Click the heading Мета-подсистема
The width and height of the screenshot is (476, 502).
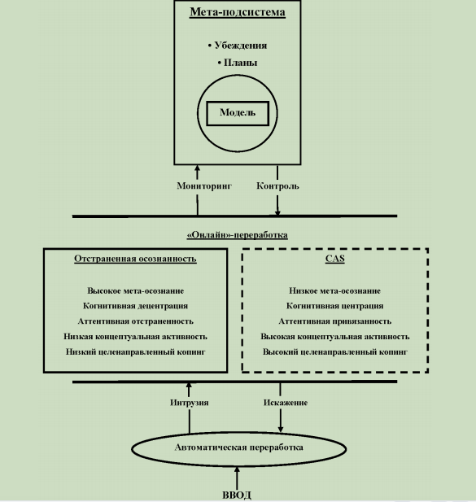click(238, 12)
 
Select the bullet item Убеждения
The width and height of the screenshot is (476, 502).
click(238, 46)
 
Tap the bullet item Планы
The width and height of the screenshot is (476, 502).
click(238, 63)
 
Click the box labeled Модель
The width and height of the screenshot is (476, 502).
click(238, 113)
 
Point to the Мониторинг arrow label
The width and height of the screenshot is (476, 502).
click(204, 186)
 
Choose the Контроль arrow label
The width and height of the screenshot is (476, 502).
click(277, 186)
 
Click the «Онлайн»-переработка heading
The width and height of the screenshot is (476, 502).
click(238, 235)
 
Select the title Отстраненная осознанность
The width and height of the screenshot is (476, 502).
click(135, 259)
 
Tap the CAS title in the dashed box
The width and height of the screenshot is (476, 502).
click(335, 259)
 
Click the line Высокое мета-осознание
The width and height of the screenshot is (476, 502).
click(135, 290)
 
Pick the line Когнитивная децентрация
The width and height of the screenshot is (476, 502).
click(135, 306)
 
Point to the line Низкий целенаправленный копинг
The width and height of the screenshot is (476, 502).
click(135, 351)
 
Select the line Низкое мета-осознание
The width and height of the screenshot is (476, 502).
click(335, 290)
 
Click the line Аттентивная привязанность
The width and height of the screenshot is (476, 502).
click(335, 321)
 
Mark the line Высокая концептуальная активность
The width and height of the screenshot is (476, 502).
click(335, 337)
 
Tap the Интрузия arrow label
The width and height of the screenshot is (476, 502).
click(190, 403)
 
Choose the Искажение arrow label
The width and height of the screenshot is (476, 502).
click(286, 403)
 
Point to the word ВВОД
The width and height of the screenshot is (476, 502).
click(237, 495)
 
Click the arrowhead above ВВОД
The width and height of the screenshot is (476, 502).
click(237, 469)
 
